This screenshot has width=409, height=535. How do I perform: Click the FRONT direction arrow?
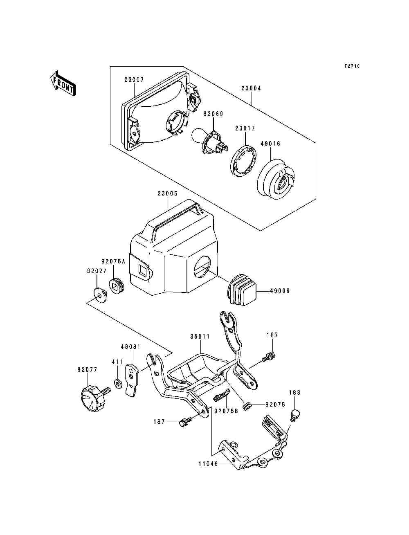(x=63, y=83)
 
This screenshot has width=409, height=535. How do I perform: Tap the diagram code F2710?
(x=352, y=66)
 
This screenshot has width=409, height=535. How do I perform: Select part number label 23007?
(x=134, y=80)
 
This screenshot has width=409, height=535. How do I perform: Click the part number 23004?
(x=251, y=88)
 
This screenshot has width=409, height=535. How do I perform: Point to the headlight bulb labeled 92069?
(x=210, y=142)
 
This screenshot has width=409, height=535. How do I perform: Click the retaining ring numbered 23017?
(x=244, y=161)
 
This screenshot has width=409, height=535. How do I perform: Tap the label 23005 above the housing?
(x=167, y=193)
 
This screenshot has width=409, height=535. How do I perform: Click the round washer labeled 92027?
(x=99, y=296)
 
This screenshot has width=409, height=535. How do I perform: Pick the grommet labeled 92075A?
(x=116, y=285)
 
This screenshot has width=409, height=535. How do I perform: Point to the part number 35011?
(x=200, y=337)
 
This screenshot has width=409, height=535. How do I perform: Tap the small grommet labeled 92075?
(x=247, y=405)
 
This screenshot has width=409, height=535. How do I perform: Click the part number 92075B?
(x=226, y=411)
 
